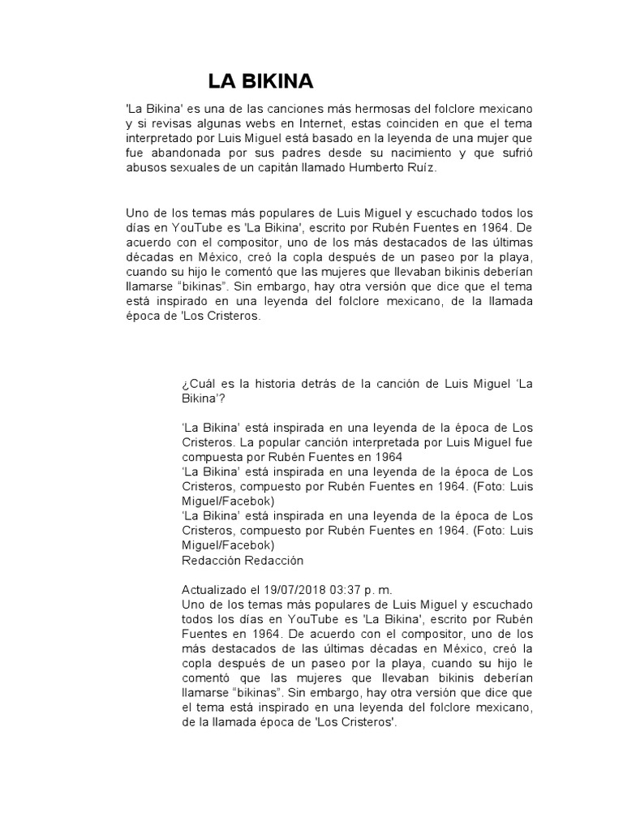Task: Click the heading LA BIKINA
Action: pos(260,81)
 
